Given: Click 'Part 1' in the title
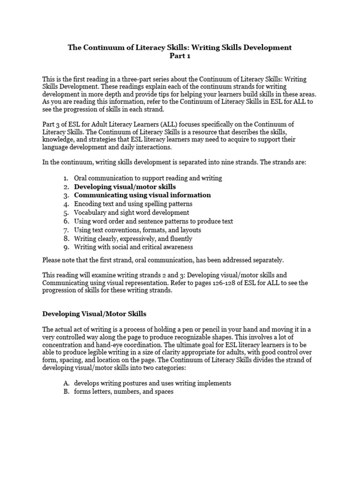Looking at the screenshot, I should [x=180, y=56].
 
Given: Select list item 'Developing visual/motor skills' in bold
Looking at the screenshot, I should [x=125, y=187].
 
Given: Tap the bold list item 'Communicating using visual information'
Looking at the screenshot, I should [x=142, y=195].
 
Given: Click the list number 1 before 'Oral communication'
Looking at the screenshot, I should [x=66, y=178].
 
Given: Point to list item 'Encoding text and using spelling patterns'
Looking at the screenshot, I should [x=133, y=204].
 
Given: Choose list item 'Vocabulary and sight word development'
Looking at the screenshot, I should [x=132, y=212].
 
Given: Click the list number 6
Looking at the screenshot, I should [x=66, y=221].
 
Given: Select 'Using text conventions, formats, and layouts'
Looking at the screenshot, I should [x=138, y=230].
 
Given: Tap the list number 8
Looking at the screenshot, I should [x=66, y=238].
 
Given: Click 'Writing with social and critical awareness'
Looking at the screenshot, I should [x=134, y=247].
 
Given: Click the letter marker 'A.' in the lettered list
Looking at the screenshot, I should [x=66, y=383].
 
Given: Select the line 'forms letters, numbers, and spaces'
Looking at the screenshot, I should [x=124, y=391].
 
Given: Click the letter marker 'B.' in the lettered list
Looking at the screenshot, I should [x=66, y=391].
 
